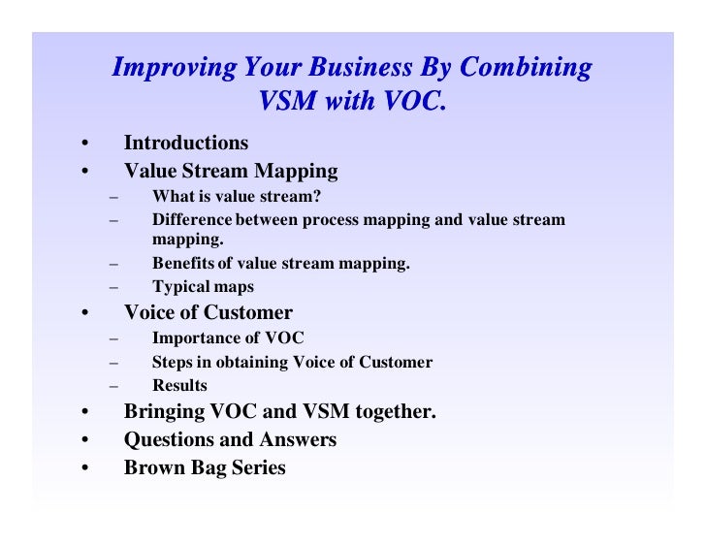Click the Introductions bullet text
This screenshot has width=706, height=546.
coord(185,143)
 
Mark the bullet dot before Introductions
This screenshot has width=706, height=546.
coord(84,145)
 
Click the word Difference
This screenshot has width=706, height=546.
coord(191,219)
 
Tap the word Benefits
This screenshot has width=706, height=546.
coord(183,263)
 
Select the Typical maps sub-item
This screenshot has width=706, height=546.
coord(203,286)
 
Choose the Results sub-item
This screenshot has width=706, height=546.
coord(178,385)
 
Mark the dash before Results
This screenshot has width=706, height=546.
coord(114,386)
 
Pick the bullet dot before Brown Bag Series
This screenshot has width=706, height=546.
coord(84,468)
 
